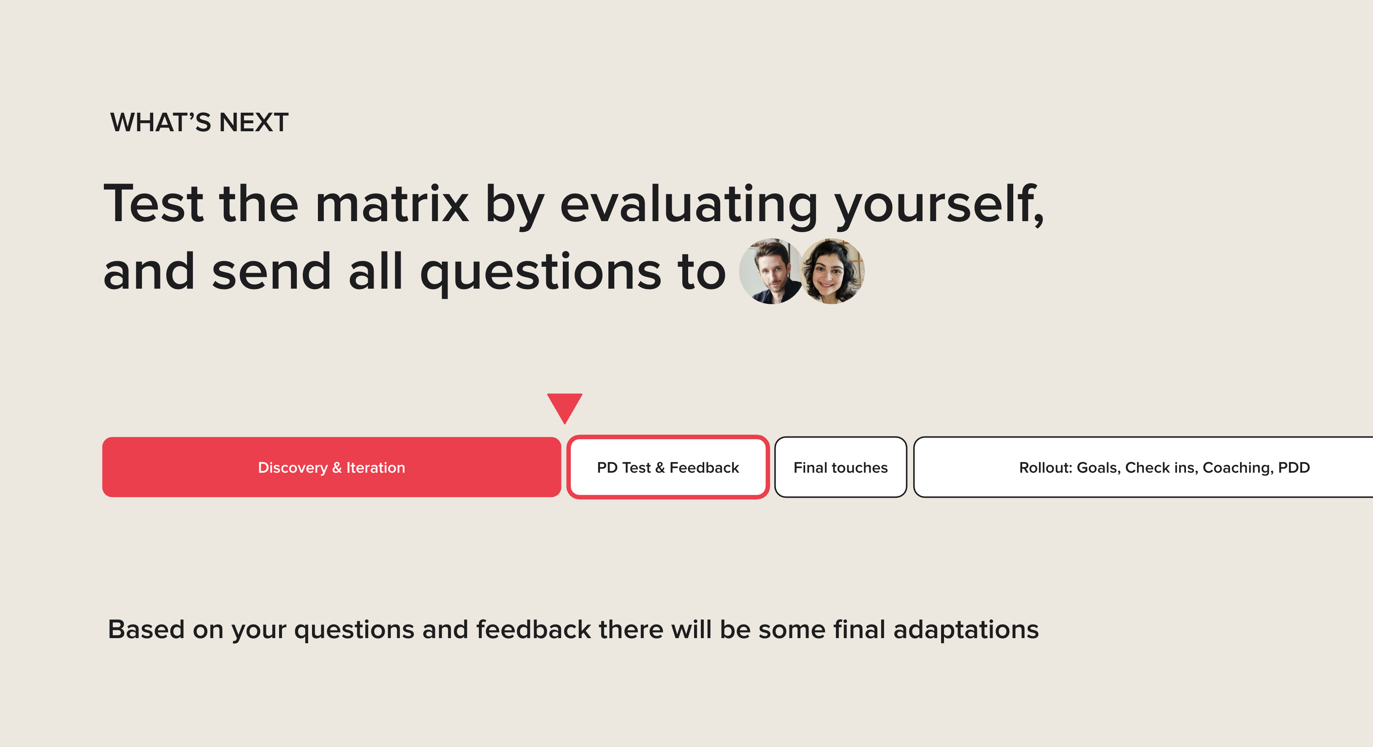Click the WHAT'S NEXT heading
(x=199, y=122)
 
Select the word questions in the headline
(x=540, y=273)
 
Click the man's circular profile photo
(x=770, y=271)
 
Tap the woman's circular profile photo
(x=832, y=271)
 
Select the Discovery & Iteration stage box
(x=331, y=467)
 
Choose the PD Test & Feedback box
(x=668, y=467)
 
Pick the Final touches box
(x=841, y=467)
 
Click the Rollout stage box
(x=1143, y=467)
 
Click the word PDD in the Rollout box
(x=1294, y=467)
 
